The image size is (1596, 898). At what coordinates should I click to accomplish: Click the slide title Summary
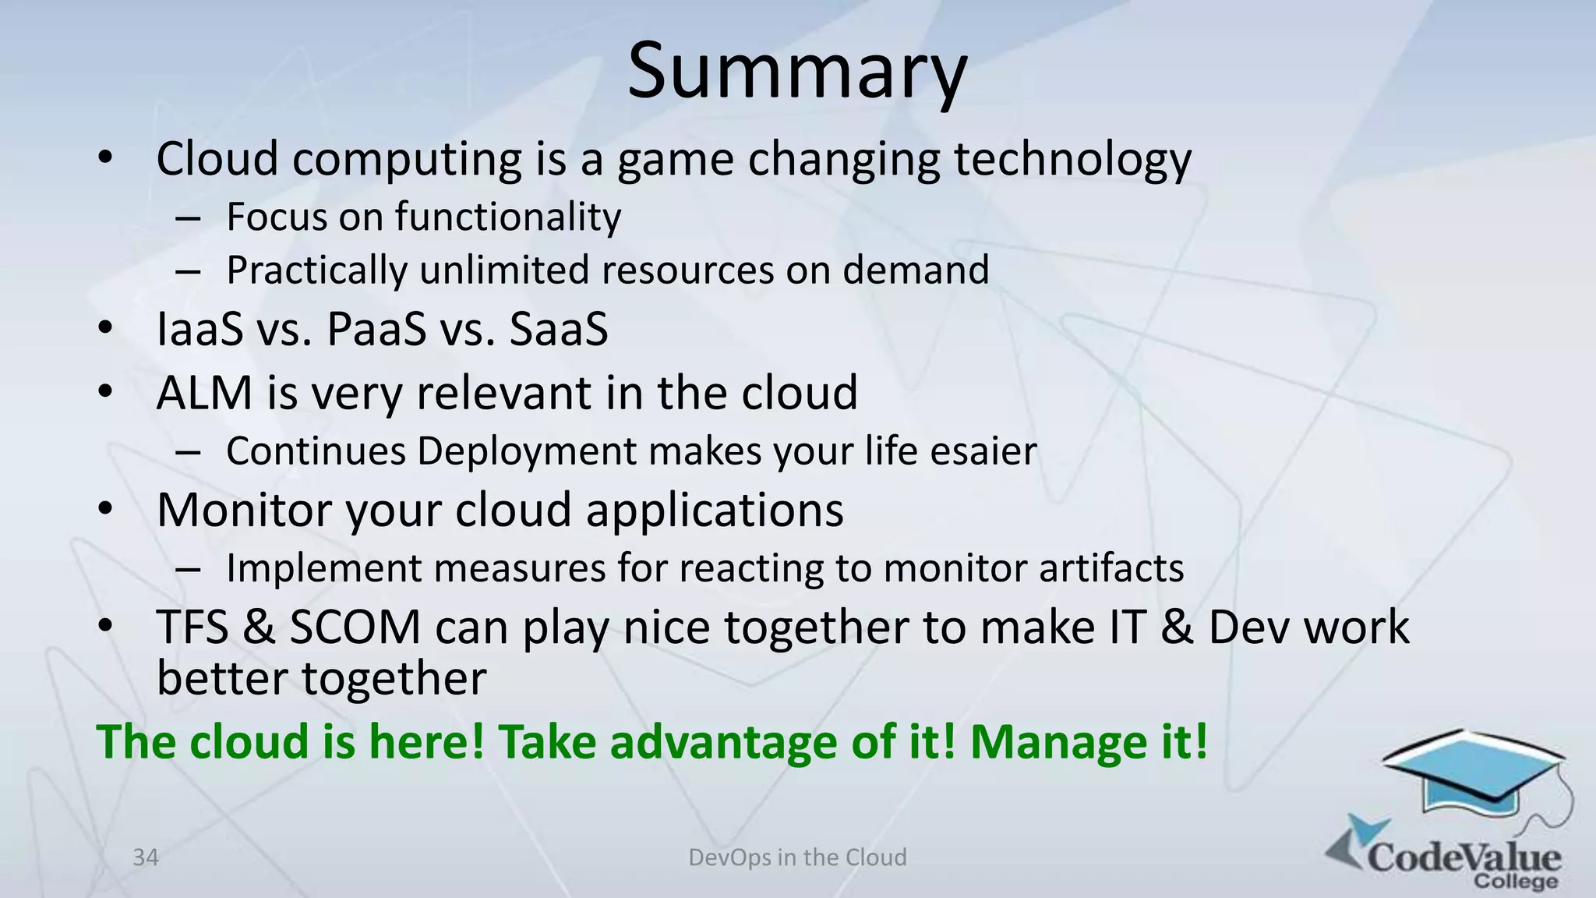[796, 72]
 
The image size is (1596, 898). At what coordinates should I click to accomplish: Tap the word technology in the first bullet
[1072, 160]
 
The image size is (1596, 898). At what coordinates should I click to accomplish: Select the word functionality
[507, 217]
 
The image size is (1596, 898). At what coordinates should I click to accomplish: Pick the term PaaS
[376, 329]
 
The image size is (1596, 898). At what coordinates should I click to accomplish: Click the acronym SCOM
[355, 627]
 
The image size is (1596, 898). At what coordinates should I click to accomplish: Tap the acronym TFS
[192, 627]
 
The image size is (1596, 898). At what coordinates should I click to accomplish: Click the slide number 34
[146, 857]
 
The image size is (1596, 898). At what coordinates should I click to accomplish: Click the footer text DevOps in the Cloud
[797, 857]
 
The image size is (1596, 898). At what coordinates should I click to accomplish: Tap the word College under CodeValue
[1515, 882]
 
